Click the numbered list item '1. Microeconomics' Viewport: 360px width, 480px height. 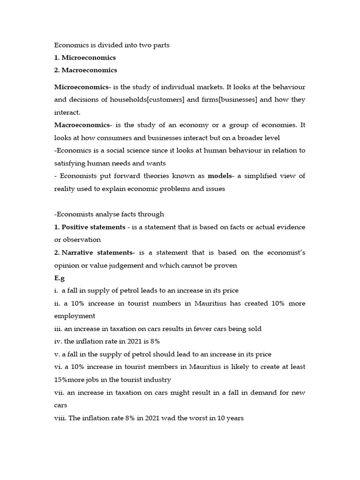pyautogui.click(x=85, y=58)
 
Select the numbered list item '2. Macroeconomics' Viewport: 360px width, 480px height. pyautogui.click(x=86, y=70)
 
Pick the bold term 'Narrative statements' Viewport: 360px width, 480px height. pyautogui.click(x=97, y=253)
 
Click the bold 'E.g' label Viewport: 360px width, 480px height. pyautogui.click(x=60, y=278)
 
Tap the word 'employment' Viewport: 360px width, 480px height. pyautogui.click(x=75, y=316)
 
